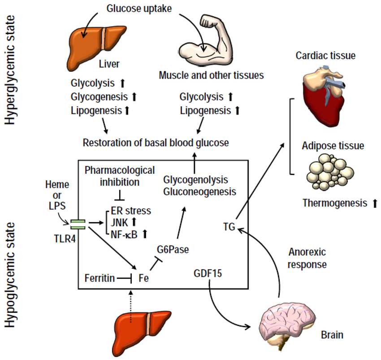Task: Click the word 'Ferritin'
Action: tap(99, 278)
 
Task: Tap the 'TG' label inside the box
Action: tap(229, 227)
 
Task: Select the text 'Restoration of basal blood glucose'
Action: tap(156, 143)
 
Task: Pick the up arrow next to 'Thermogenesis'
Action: tap(375, 203)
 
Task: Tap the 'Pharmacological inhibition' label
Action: tap(120, 176)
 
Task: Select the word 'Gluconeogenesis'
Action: tap(199, 192)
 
